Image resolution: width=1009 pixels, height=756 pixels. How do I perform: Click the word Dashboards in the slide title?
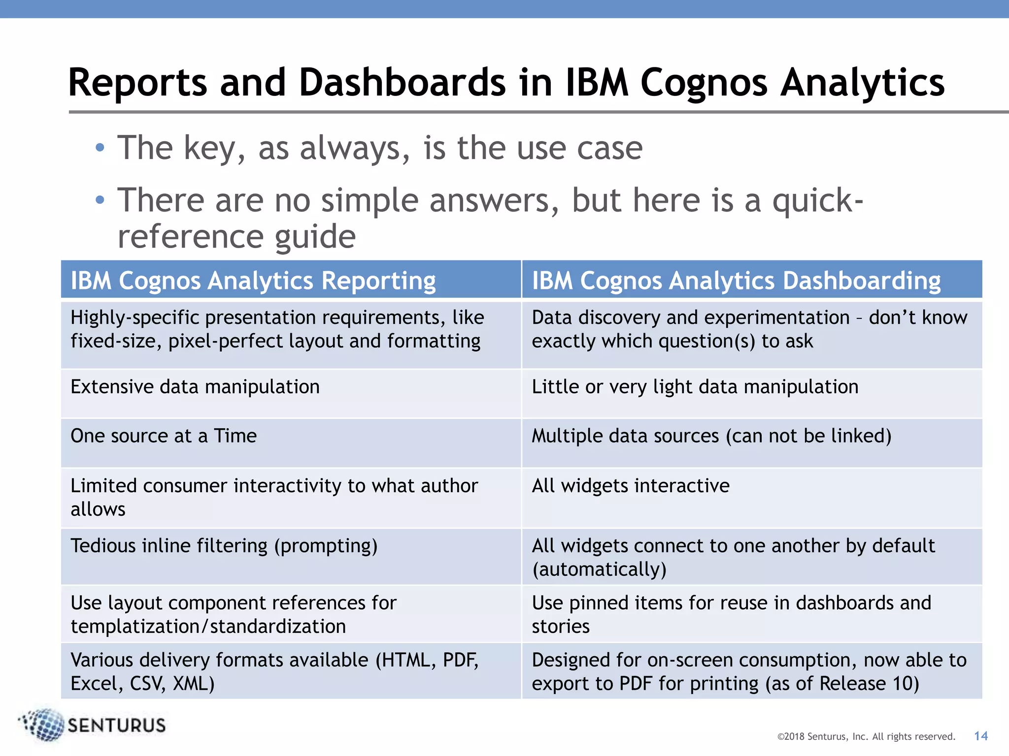[x=402, y=83]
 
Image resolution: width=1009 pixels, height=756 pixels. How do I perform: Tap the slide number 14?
[x=980, y=736]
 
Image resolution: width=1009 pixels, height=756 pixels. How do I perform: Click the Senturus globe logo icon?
[x=43, y=724]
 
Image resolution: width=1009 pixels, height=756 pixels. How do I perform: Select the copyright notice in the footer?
[x=866, y=736]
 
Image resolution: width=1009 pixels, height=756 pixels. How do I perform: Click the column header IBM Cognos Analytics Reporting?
[x=253, y=281]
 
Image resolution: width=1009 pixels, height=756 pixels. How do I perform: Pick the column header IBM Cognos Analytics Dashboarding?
[x=736, y=281]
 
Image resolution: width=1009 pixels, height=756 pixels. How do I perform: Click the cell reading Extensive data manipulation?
[x=195, y=387]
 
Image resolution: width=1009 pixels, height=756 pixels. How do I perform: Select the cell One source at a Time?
[x=164, y=436]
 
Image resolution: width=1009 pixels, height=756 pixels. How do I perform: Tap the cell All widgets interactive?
[x=631, y=486]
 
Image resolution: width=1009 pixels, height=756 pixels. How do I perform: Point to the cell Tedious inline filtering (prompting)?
[x=224, y=546]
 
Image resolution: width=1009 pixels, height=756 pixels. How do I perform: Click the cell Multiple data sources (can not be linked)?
[x=711, y=436]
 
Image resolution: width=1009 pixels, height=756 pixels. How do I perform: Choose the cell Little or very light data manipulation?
[x=695, y=387]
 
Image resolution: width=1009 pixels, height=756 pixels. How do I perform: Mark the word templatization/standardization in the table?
[x=208, y=627]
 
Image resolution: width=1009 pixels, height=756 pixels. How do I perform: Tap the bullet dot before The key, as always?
[x=100, y=148]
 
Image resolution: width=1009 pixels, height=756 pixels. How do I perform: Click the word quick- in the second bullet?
[x=817, y=201]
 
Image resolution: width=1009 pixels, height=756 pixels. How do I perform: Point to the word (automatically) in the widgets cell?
[x=599, y=569]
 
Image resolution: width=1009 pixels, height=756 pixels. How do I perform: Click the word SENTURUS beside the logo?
[x=117, y=725]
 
